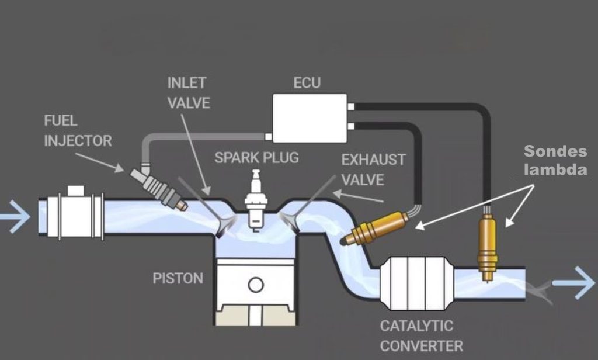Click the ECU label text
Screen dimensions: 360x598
[x=307, y=82]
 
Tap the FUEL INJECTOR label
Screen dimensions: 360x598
[x=78, y=131]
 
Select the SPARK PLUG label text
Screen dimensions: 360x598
[x=256, y=157]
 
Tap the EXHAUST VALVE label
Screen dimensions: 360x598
[x=373, y=169]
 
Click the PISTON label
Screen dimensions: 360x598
[x=178, y=278]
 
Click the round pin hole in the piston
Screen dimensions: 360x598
[x=255, y=285]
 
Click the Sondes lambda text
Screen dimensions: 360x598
[x=555, y=161]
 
